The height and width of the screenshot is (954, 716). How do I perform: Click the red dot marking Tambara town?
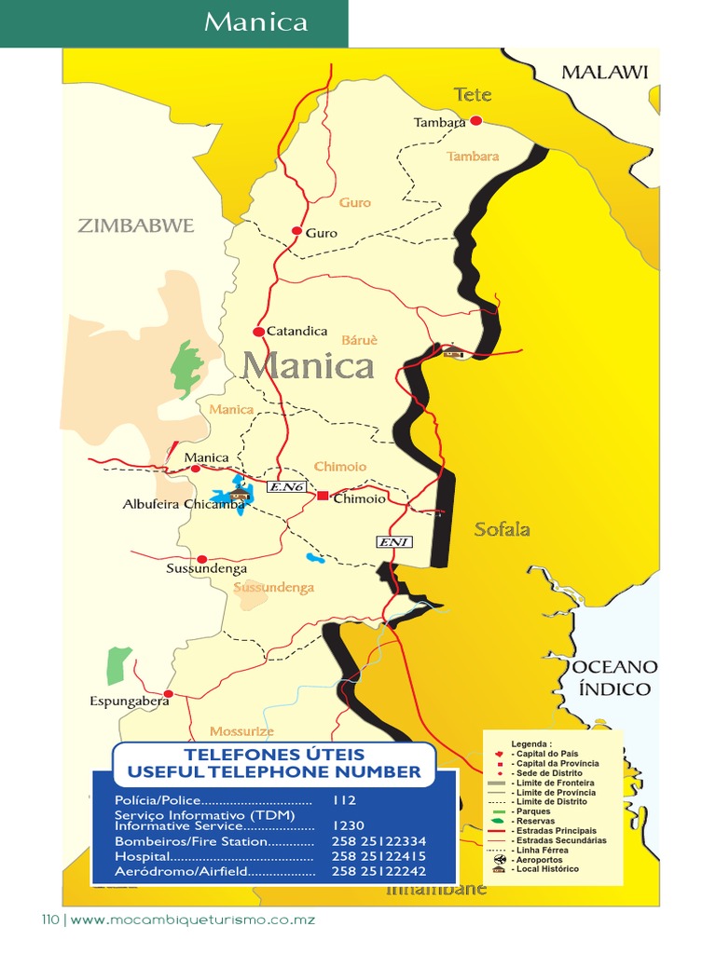[475, 120]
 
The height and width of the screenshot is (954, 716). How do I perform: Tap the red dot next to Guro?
[296, 230]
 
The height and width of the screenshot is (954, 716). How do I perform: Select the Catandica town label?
[296, 331]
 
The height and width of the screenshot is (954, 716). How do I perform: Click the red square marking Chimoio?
[323, 496]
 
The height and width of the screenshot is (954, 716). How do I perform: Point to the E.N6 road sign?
[286, 486]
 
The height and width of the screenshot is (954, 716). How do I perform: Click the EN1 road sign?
[393, 542]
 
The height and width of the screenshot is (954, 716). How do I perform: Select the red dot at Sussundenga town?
[201, 559]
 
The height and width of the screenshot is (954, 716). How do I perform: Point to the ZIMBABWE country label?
[136, 225]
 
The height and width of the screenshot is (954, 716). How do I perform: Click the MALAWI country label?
[604, 72]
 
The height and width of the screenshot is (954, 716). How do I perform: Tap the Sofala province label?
[502, 529]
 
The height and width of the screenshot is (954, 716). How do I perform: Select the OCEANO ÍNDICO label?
[615, 678]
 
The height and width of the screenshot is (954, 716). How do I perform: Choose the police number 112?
[344, 799]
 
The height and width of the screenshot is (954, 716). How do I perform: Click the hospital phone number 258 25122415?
[379, 855]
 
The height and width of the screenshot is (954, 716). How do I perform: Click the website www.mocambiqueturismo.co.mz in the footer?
[193, 920]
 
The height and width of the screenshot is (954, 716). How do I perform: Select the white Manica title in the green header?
[255, 22]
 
